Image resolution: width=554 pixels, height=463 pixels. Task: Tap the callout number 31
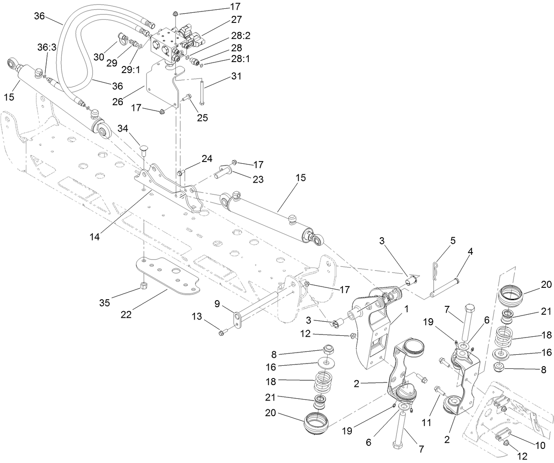pos(236,76)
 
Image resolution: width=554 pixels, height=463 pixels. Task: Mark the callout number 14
pos(94,236)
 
